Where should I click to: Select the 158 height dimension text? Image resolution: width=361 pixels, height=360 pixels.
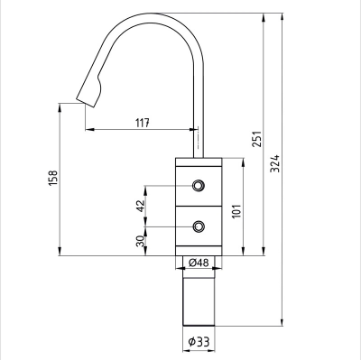point(51,179)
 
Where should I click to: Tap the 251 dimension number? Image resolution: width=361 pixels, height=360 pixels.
point(256,134)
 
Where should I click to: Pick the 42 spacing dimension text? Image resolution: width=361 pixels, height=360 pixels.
point(139,206)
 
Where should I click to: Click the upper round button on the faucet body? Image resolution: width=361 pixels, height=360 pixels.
point(198,187)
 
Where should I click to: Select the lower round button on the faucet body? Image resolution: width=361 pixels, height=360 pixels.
point(198,226)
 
